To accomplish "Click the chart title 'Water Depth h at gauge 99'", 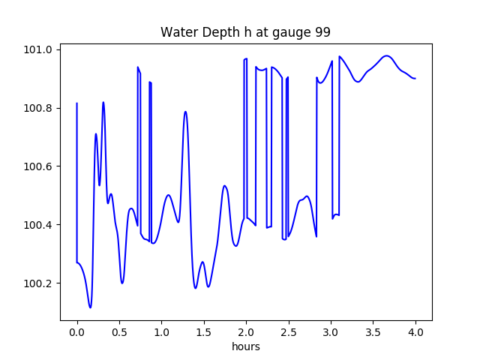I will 246,32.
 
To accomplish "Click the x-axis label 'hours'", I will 246,347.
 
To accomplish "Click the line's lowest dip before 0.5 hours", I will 90,307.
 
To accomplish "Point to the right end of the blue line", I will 415,79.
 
